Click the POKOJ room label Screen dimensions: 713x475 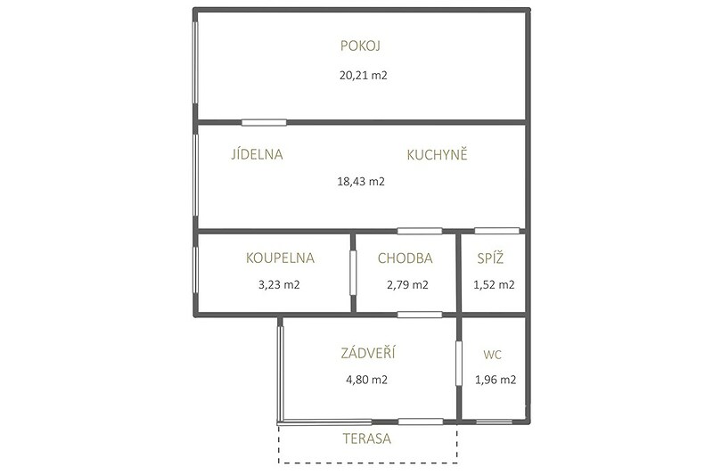click(360, 46)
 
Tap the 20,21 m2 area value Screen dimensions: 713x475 click(364, 76)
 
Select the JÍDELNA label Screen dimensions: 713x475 click(257, 154)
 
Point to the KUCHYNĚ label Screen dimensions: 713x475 click(437, 154)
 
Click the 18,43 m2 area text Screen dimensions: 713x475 click(361, 182)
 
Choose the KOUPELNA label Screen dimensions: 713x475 click(280, 258)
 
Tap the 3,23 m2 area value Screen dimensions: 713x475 click(279, 285)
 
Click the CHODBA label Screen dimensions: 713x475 click(406, 258)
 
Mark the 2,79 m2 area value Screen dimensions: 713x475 click(407, 285)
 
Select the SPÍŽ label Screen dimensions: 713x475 click(491, 258)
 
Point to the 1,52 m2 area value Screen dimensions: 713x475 click(494, 285)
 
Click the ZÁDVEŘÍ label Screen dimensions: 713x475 click(368, 352)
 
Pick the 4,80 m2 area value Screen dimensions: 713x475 click(366, 380)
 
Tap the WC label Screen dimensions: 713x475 click(493, 355)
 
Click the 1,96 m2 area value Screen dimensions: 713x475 click(496, 380)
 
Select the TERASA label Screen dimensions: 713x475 click(367, 438)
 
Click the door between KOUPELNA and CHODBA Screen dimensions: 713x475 click(353, 273)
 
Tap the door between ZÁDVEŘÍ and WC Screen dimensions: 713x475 click(459, 364)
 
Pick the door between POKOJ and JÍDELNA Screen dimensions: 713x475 click(264, 122)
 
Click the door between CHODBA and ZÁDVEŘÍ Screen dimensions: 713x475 click(420, 314)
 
